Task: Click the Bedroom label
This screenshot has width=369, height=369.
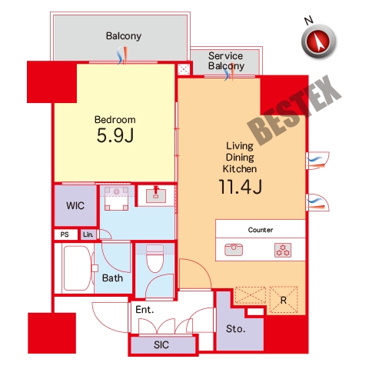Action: [115, 120]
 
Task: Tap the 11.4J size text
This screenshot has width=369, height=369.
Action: [240, 187]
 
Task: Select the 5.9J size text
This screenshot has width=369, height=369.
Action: [115, 135]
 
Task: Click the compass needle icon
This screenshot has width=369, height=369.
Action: [319, 42]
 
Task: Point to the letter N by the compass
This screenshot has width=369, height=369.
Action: [309, 20]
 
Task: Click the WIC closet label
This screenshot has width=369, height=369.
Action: [75, 205]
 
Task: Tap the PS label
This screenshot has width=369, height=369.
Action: [65, 234]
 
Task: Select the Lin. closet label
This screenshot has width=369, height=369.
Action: [88, 234]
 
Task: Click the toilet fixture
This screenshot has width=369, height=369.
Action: [155, 258]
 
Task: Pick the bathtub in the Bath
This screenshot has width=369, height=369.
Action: [77, 268]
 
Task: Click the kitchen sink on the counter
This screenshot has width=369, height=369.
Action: [234, 250]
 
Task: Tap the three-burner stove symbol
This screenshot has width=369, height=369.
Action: [283, 250]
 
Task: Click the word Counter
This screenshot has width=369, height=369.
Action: [261, 230]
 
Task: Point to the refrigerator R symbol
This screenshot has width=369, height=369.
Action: [284, 300]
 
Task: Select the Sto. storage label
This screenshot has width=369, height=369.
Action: [235, 329]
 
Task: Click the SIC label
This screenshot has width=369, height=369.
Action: [161, 345]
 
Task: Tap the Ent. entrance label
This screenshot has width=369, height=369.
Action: [145, 310]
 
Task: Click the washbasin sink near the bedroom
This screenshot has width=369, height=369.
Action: [156, 195]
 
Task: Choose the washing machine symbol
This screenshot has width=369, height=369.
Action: [116, 198]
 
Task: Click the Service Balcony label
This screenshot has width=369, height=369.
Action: [226, 61]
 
